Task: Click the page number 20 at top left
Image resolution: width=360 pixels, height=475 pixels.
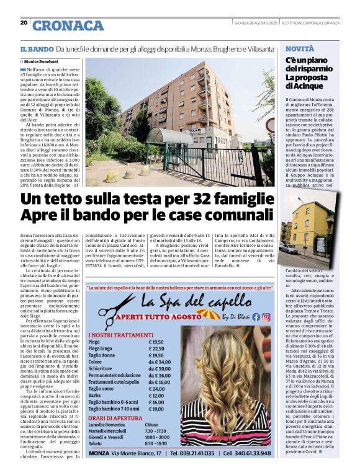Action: tap(24, 23)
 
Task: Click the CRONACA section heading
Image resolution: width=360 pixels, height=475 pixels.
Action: tap(68, 25)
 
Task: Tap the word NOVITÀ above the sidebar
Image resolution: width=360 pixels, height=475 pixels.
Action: tap(300, 48)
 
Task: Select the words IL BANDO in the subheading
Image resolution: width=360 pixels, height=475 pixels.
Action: tap(35, 48)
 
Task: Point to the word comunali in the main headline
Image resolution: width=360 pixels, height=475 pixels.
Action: tap(243, 216)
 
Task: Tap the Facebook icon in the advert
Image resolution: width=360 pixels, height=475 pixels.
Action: tap(256, 317)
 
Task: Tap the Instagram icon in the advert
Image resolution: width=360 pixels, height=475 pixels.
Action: tap(266, 317)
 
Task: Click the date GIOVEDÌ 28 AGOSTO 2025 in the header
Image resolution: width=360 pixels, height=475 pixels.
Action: tap(255, 23)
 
